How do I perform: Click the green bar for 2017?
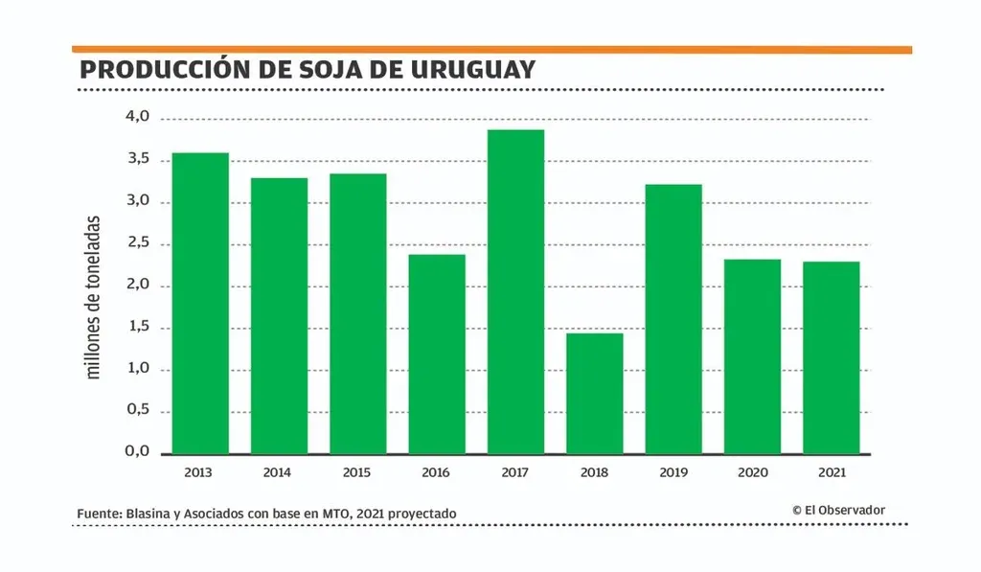click(515, 291)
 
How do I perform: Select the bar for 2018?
click(594, 393)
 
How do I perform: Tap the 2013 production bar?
click(200, 303)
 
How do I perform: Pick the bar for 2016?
click(437, 354)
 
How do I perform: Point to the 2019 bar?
click(673, 318)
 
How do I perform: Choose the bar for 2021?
click(831, 357)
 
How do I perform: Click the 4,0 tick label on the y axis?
click(138, 117)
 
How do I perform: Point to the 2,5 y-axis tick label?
click(138, 243)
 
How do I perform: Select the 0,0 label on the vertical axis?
click(138, 452)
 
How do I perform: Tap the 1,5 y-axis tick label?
click(138, 327)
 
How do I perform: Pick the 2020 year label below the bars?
click(752, 472)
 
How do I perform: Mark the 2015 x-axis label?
click(357, 472)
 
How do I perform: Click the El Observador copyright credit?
click(838, 511)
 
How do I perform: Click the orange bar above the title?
click(491, 49)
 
